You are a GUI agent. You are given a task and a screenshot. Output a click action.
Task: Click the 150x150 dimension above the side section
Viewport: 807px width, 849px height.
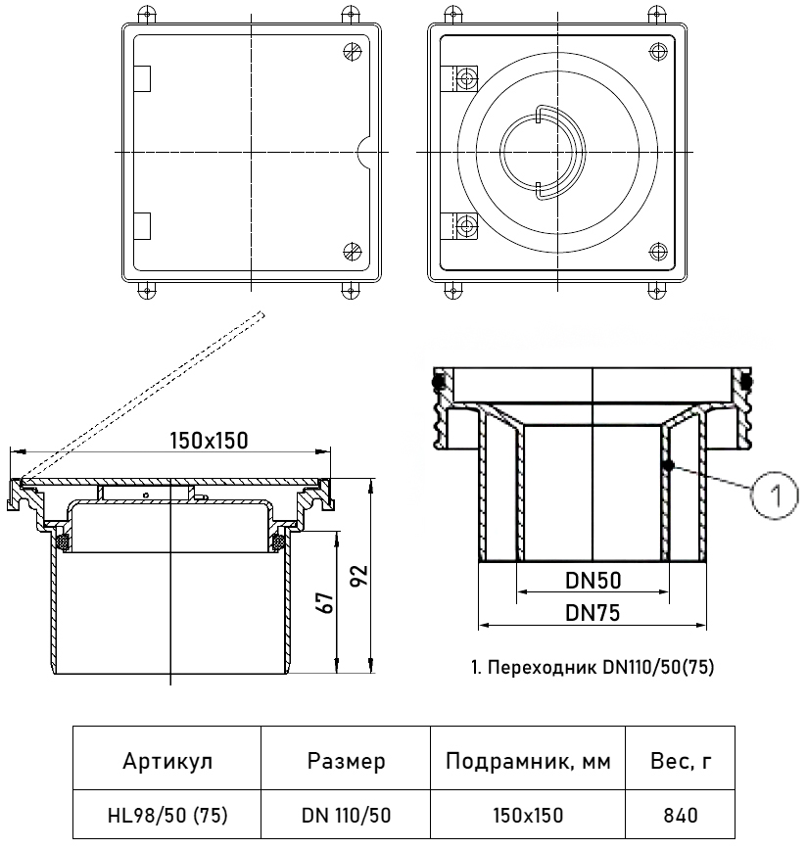(209, 441)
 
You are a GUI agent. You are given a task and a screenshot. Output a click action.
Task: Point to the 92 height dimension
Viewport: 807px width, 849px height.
(359, 576)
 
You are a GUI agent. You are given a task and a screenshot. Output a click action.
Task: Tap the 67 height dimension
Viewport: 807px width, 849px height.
(325, 602)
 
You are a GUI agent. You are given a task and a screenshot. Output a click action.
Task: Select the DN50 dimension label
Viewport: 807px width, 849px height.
(593, 581)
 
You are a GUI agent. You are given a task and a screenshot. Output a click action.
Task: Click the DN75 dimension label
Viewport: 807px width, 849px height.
(593, 613)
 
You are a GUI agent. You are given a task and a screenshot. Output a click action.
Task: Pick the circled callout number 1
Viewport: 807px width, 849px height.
(775, 495)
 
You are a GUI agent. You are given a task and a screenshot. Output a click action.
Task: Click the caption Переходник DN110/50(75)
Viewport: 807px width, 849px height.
(593, 667)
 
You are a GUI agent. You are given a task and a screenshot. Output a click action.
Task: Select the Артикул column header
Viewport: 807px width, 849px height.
(167, 761)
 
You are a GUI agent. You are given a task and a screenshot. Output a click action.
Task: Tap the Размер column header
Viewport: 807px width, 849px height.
(346, 761)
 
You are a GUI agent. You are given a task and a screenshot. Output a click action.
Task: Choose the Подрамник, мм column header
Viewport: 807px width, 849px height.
(528, 761)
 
